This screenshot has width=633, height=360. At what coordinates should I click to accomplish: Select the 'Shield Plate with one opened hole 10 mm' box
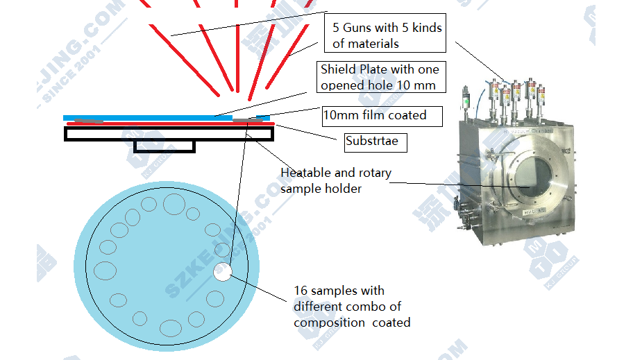pos(379,78)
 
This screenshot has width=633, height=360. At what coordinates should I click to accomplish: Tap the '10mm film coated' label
pos(382,115)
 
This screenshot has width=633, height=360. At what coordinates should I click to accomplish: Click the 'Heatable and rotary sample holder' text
pos(335,180)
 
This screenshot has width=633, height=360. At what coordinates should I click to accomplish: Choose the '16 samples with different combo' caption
pos(352,307)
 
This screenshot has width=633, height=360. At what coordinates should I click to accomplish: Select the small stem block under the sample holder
pos(164,146)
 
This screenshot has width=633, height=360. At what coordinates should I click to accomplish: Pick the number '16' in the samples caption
pos(301,291)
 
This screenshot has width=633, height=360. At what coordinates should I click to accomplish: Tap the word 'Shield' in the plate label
pos(337,69)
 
